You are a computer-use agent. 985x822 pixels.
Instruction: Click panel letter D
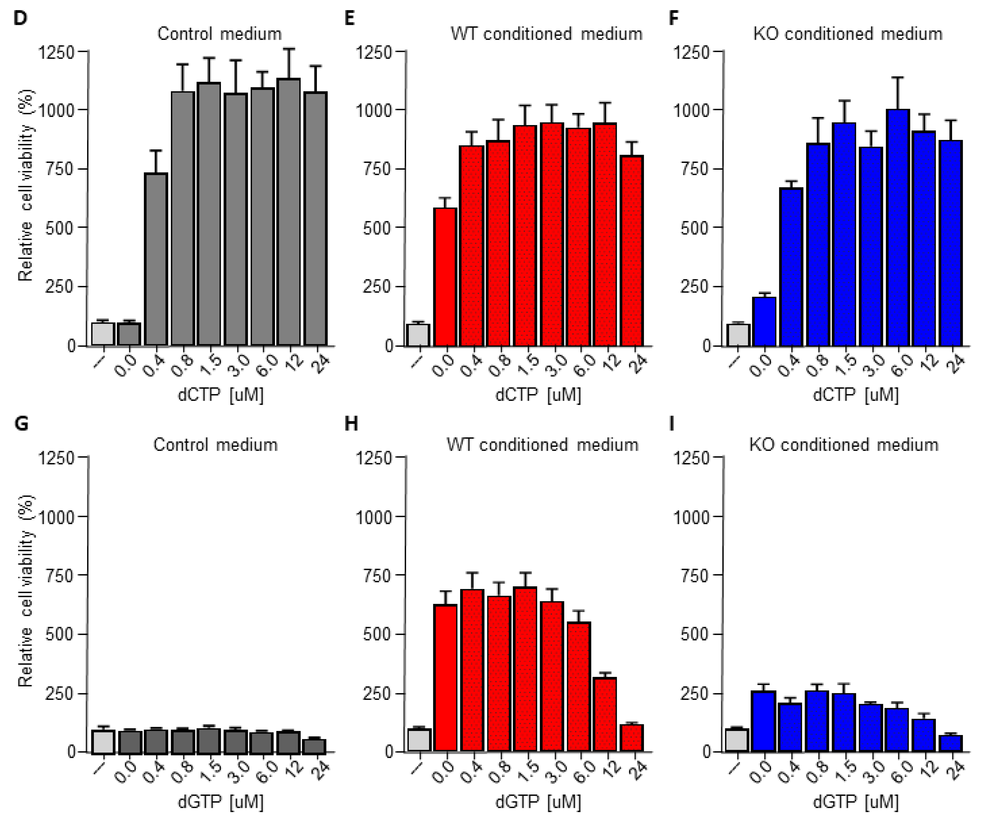[21, 18]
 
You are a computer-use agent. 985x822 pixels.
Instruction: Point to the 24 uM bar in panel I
[950, 744]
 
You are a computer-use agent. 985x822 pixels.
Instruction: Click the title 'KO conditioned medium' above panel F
[848, 34]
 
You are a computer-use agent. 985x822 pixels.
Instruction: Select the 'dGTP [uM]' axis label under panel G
[220, 801]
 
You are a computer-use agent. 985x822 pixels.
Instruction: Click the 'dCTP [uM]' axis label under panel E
[538, 394]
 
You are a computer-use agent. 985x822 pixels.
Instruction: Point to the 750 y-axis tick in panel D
[60, 169]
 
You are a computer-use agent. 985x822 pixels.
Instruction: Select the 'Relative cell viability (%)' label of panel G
[26, 591]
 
